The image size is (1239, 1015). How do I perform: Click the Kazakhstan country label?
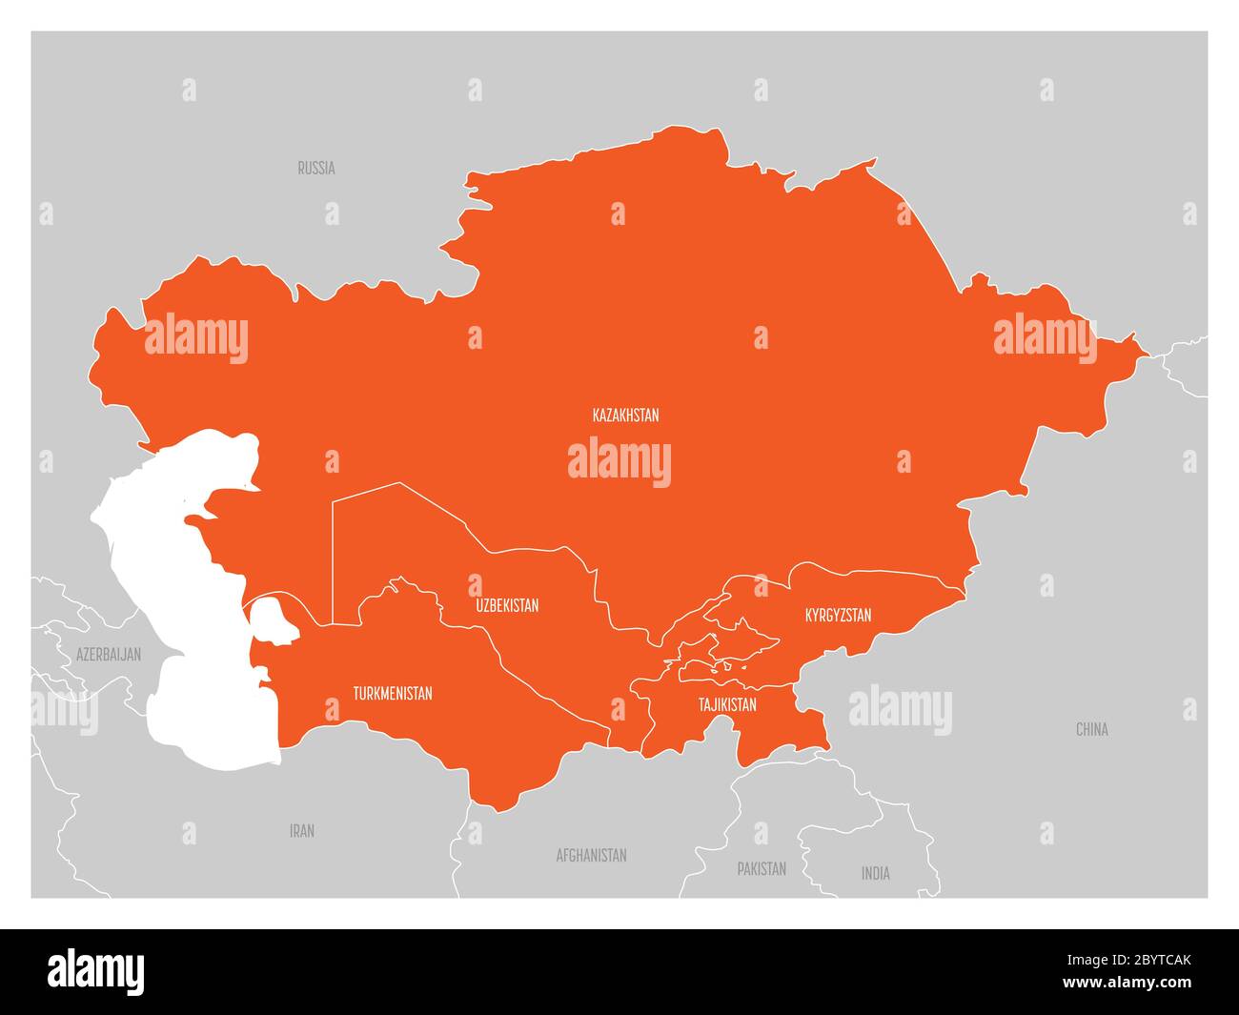point(625,416)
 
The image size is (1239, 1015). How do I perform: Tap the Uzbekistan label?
point(507,605)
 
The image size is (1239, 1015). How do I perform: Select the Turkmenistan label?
point(392,693)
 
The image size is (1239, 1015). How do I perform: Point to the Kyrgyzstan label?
point(838,615)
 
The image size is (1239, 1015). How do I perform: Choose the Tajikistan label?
point(727,705)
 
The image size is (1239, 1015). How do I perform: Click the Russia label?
point(316,168)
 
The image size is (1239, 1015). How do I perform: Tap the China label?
point(1091,729)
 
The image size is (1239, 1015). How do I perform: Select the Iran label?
point(302,831)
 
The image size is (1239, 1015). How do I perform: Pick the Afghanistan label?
point(591,855)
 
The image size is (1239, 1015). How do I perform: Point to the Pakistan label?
point(762,868)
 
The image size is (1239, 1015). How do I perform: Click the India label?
point(876,873)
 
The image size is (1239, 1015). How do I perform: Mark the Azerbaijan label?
point(109,655)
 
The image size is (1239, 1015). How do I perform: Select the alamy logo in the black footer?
point(96,971)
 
